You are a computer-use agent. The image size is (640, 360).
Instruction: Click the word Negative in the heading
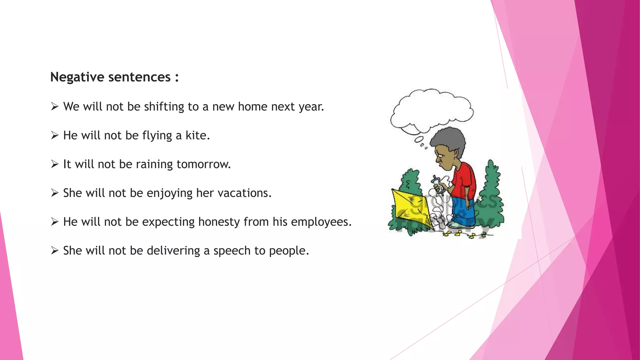(x=77, y=77)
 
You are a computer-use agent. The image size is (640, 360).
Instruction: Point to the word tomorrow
(x=203, y=164)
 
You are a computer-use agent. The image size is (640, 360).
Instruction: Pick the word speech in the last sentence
(x=232, y=251)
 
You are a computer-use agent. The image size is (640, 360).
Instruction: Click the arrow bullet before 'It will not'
(x=55, y=164)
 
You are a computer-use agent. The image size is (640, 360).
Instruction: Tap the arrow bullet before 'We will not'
(x=55, y=107)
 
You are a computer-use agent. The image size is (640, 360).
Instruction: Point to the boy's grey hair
(x=448, y=139)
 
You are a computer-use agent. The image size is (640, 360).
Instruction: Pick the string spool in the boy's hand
(x=437, y=186)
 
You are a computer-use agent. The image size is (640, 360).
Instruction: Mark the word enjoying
(x=169, y=193)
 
